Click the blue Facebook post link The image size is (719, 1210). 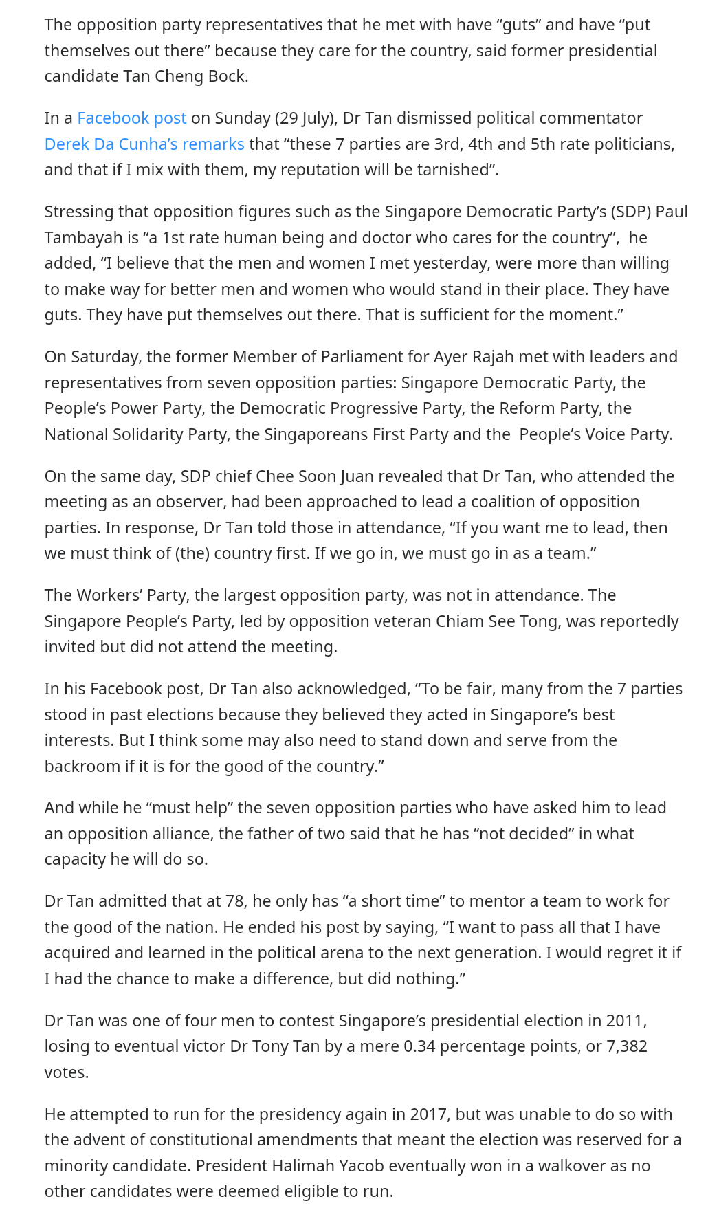131,118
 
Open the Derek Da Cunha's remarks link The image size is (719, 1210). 144,144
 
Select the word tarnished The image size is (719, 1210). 445,170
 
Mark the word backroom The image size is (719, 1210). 82,767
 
